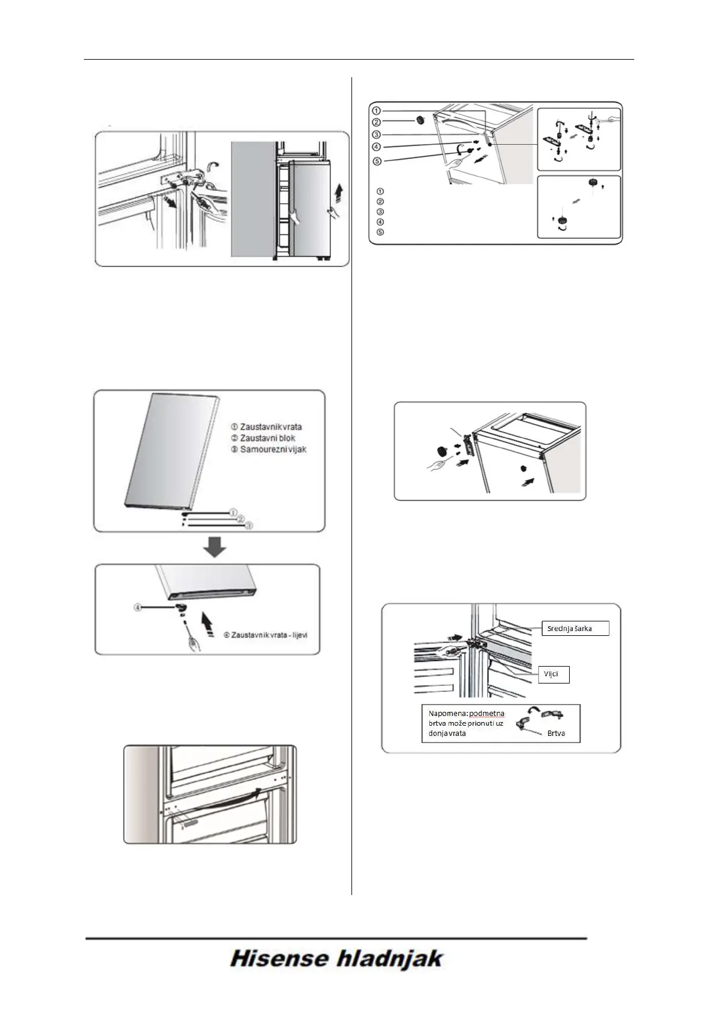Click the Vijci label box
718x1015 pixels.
(553, 674)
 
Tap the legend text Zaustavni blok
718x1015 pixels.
(268, 438)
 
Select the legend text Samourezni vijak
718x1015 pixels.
(272, 450)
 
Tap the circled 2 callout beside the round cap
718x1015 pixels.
(376, 122)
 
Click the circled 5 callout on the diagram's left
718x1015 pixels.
(376, 161)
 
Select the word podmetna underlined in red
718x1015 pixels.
(487, 714)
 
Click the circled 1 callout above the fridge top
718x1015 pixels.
(376, 111)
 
